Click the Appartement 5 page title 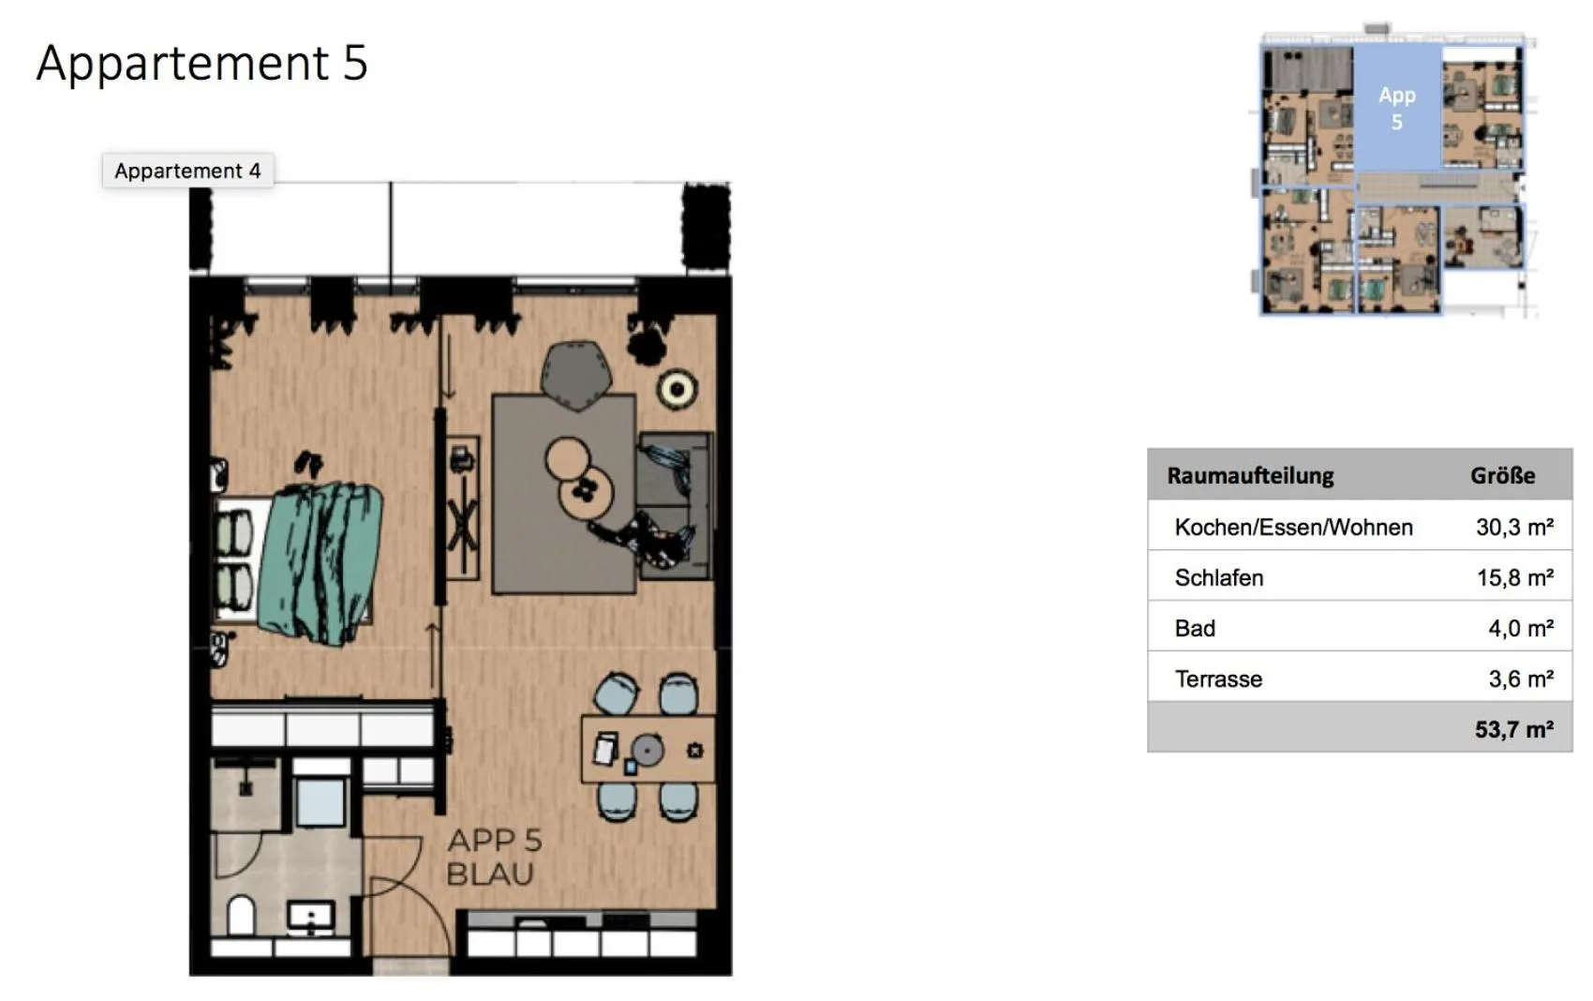click(x=201, y=63)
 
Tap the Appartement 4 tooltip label click(x=187, y=171)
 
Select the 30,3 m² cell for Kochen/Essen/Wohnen click(x=1514, y=527)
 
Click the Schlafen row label click(x=1218, y=577)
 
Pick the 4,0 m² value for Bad click(x=1520, y=628)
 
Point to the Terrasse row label click(x=1218, y=679)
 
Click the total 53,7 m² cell click(x=1513, y=729)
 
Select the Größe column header click(x=1502, y=475)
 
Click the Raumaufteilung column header click(x=1250, y=475)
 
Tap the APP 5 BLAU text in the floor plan click(x=493, y=857)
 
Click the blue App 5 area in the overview click(x=1396, y=108)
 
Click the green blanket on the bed click(x=323, y=562)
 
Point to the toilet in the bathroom click(x=242, y=916)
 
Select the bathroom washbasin click(x=310, y=916)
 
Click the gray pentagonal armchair click(x=576, y=373)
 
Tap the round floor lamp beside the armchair click(x=676, y=389)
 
